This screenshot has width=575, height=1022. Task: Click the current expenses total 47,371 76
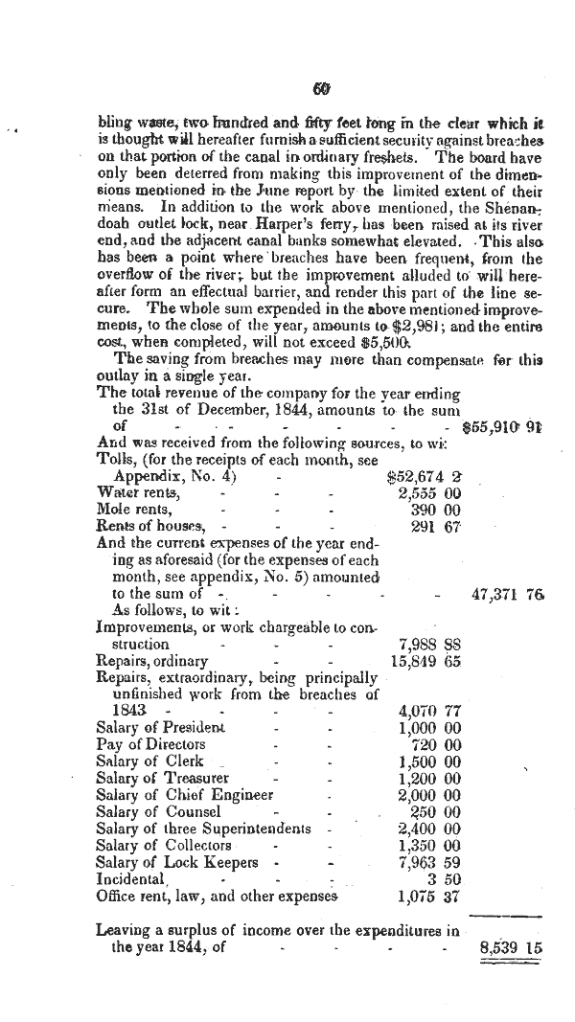[508, 594]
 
